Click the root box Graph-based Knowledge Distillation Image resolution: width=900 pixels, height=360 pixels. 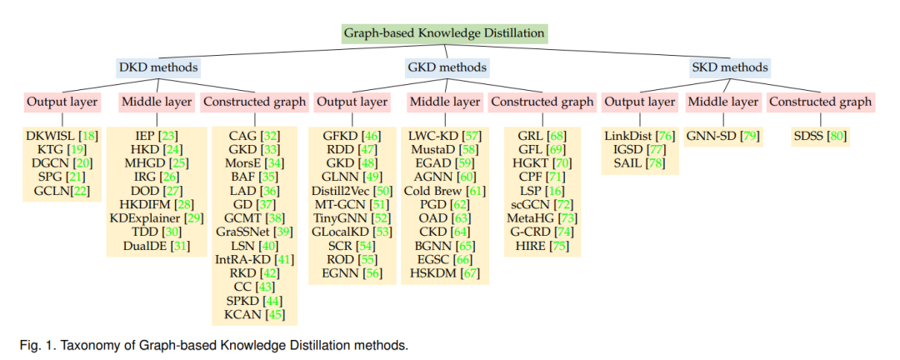pyautogui.click(x=443, y=33)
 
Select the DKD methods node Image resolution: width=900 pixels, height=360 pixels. pyautogui.click(x=157, y=67)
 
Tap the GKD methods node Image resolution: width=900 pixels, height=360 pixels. pyautogui.click(x=447, y=67)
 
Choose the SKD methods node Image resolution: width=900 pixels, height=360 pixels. pyautogui.click(x=729, y=67)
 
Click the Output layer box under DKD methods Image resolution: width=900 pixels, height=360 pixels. pyautogui.click(x=62, y=102)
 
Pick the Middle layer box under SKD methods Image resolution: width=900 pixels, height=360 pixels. pyautogui.click(x=723, y=102)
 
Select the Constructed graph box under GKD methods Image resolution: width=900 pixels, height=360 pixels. pyautogui.click(x=542, y=102)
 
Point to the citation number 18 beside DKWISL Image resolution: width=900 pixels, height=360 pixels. pyautogui.click(x=89, y=137)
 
